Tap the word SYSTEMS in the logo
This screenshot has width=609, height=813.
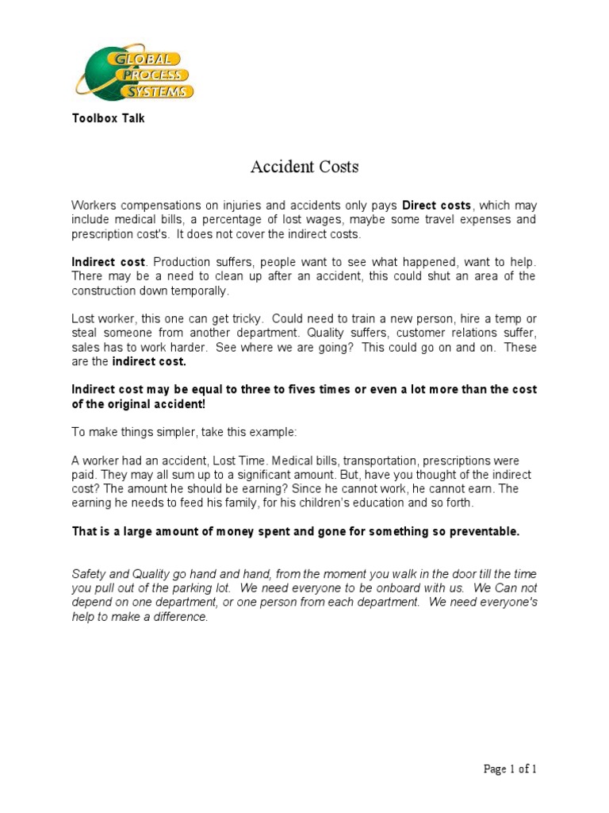(163, 91)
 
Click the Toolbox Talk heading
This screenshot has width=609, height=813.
(108, 119)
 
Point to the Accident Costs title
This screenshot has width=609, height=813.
(304, 167)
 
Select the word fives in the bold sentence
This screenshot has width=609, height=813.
(307, 390)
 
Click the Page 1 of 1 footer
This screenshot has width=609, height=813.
(510, 769)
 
